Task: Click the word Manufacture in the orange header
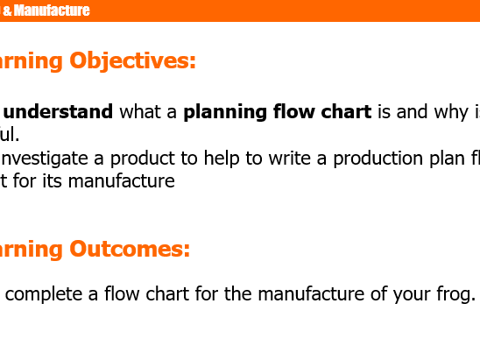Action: coord(57,11)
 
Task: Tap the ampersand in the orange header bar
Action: coord(18,11)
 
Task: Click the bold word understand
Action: coord(59,112)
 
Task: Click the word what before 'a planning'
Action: coord(142,112)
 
